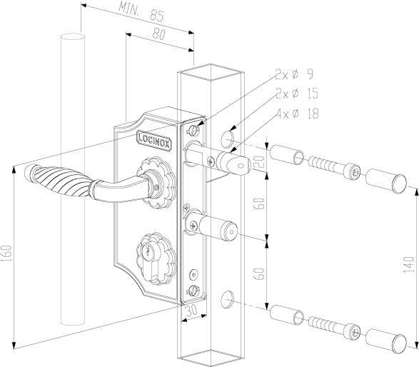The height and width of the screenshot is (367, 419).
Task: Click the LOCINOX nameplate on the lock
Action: click(154, 140)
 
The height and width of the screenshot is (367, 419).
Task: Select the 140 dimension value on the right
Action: click(409, 264)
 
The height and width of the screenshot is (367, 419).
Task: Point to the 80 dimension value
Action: click(159, 34)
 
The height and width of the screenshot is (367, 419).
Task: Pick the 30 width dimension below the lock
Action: click(191, 310)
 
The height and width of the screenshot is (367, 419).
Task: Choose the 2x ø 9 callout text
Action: click(294, 74)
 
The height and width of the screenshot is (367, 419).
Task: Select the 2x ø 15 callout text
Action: click(297, 94)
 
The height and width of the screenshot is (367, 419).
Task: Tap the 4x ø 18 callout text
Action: click(298, 114)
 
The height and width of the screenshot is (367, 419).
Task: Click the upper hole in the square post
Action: click(228, 139)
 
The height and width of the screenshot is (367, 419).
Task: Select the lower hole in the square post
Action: click(227, 299)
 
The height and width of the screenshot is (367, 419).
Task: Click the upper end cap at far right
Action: click(386, 181)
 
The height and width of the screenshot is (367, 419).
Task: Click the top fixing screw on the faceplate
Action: click(193, 131)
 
